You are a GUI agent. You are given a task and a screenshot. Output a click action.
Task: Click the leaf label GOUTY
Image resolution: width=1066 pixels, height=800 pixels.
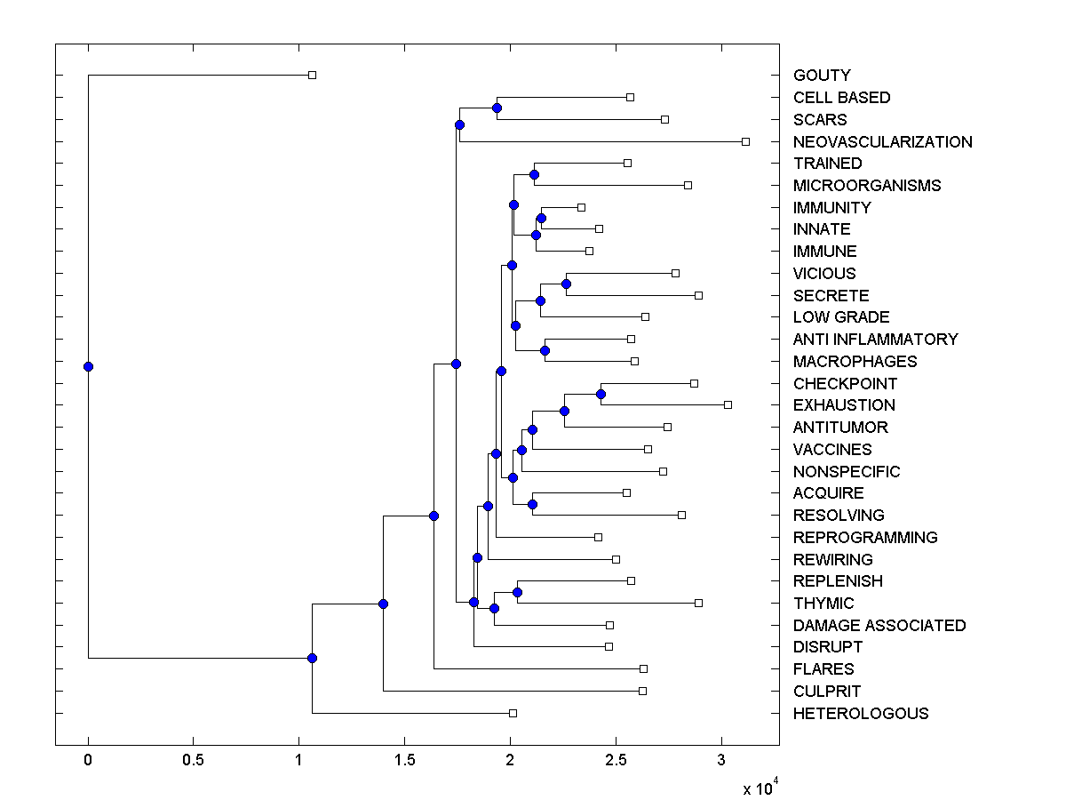click(x=822, y=76)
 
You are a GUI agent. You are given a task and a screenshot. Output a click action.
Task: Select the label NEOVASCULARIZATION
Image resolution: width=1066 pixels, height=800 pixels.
click(x=882, y=142)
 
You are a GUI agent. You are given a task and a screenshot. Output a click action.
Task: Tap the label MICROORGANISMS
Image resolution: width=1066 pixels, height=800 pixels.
click(x=867, y=186)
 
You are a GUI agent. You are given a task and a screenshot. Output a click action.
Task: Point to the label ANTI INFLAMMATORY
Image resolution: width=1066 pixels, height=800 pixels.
click(x=875, y=340)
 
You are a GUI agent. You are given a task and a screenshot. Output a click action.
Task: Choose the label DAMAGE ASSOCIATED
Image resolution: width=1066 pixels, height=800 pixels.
click(x=879, y=626)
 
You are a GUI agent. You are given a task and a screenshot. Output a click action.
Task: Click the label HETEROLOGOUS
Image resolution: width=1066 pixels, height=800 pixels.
click(x=861, y=714)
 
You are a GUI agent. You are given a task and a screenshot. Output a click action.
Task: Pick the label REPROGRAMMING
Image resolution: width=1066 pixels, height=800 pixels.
click(x=865, y=538)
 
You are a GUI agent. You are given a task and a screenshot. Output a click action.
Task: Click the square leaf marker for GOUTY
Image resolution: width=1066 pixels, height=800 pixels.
click(x=312, y=75)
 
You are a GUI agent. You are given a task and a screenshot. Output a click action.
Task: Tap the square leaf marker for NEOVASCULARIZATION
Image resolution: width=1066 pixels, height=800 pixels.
click(x=745, y=141)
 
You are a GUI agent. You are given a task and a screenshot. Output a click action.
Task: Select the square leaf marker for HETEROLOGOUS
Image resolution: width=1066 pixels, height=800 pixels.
click(x=513, y=713)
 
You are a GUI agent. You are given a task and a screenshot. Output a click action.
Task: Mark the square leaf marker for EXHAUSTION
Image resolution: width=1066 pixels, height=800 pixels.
click(x=728, y=404)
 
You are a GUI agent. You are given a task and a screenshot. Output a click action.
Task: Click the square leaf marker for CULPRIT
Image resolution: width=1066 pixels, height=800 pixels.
click(x=642, y=691)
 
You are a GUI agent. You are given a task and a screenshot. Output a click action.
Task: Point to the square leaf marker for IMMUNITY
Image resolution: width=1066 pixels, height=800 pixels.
click(x=581, y=207)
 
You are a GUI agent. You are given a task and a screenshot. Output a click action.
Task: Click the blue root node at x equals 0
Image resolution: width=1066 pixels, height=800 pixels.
click(x=88, y=366)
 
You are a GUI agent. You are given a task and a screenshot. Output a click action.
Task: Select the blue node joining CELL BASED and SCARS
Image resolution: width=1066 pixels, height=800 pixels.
click(x=497, y=108)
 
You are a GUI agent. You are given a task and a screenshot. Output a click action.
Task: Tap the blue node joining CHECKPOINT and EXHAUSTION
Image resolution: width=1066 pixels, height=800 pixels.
click(x=601, y=393)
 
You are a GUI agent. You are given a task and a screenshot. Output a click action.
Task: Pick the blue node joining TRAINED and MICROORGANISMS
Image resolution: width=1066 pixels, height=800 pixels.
click(x=534, y=174)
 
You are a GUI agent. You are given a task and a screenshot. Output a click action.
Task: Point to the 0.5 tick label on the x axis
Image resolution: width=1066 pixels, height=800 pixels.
click(x=193, y=761)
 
